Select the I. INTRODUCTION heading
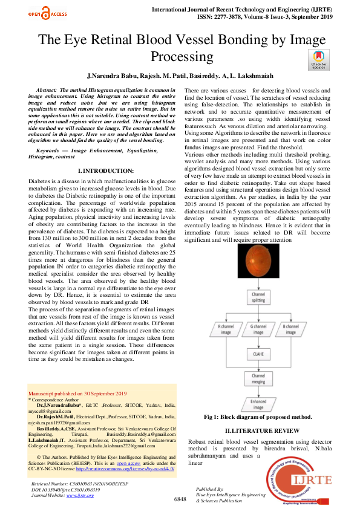coord(103,172)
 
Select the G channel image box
coord(258,329)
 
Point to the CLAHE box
coord(258,354)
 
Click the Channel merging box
coord(258,378)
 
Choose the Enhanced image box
coord(258,404)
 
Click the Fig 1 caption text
coord(258,417)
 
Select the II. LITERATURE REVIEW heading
coord(258,430)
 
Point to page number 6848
coord(180,499)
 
